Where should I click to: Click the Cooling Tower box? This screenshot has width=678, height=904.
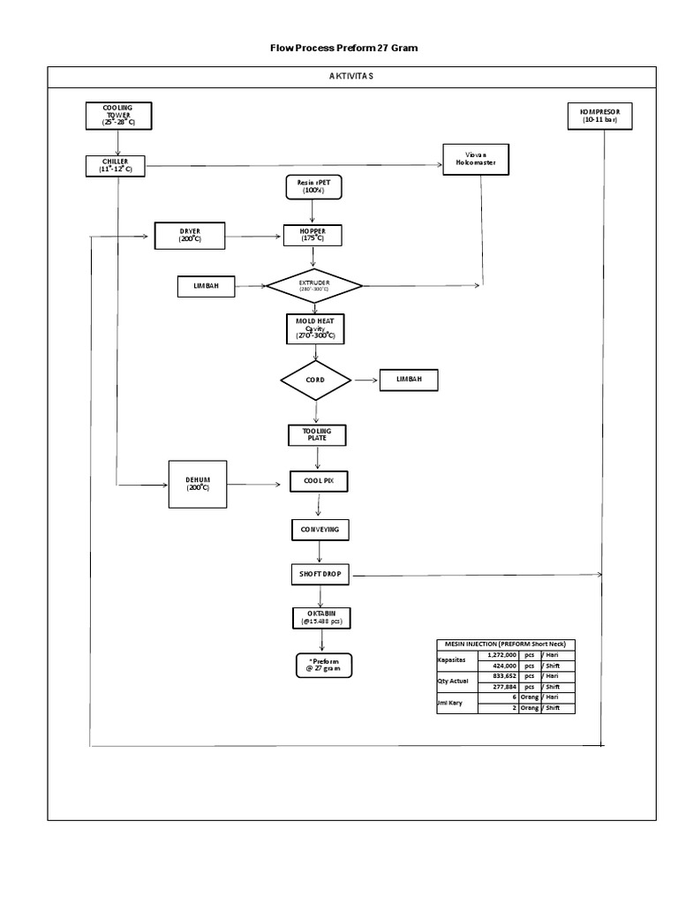click(x=118, y=116)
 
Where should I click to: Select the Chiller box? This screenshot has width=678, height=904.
click(x=116, y=165)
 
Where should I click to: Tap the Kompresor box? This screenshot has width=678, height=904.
click(x=600, y=116)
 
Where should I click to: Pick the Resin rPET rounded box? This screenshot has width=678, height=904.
click(x=313, y=186)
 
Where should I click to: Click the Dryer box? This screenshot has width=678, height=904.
click(x=190, y=236)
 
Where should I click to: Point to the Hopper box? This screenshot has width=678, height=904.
click(x=312, y=235)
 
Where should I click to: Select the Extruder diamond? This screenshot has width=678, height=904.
click(x=314, y=286)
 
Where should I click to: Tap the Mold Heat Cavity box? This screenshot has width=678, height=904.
click(x=314, y=329)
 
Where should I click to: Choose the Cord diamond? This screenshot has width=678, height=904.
click(x=315, y=380)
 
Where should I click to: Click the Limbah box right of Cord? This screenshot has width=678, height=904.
click(x=409, y=380)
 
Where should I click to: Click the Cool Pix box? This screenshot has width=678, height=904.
click(x=319, y=481)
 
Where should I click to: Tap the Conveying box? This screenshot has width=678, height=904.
click(x=320, y=529)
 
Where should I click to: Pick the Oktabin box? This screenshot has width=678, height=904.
click(x=321, y=617)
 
